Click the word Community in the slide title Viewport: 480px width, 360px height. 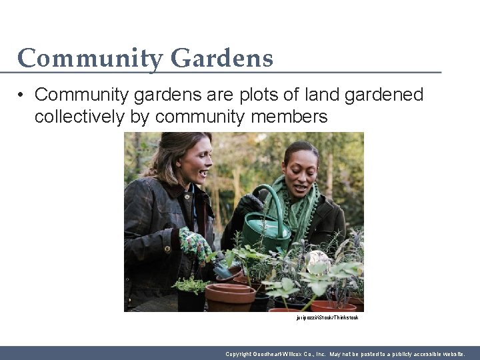pos(91,59)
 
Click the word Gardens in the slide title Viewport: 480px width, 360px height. pos(221,59)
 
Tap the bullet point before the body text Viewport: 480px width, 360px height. pos(22,95)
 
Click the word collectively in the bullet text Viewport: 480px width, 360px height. pos(79,117)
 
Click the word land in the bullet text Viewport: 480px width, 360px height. pos(323,95)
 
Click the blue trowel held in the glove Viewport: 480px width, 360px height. pos(222,271)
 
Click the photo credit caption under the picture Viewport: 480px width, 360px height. pos(327,318)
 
